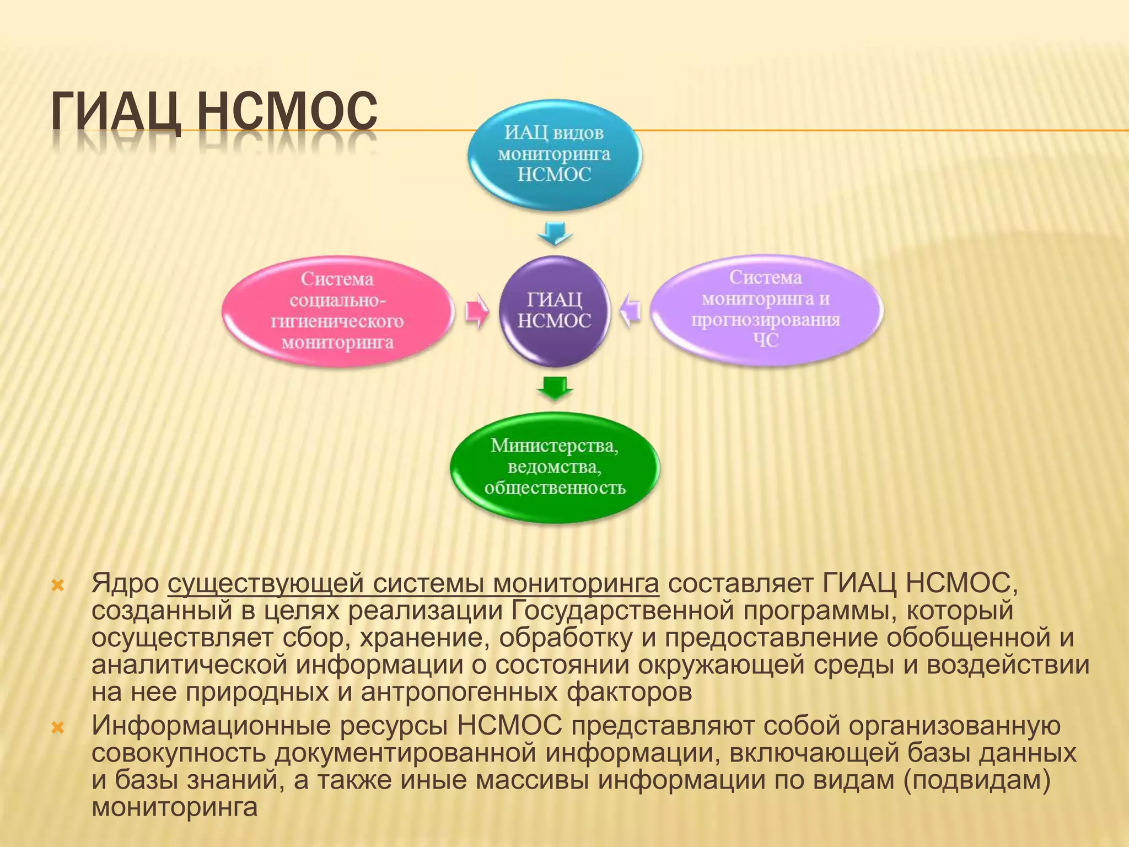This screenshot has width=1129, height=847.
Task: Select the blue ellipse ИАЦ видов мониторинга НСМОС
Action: click(x=555, y=154)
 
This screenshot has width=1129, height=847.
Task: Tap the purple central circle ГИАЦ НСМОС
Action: click(x=554, y=310)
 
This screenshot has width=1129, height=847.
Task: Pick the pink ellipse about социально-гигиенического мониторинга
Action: click(x=337, y=311)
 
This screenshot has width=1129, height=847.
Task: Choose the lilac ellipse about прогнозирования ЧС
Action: click(x=766, y=309)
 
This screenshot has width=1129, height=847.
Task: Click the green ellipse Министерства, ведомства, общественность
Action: click(x=555, y=467)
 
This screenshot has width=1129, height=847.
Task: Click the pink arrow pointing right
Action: click(x=476, y=311)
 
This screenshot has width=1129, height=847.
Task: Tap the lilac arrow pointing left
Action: click(x=631, y=310)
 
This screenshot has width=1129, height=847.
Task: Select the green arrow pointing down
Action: click(x=555, y=388)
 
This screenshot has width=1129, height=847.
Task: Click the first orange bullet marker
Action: click(x=58, y=586)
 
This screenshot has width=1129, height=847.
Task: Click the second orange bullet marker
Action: click(x=58, y=728)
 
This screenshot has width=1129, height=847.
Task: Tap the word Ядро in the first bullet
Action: click(x=125, y=584)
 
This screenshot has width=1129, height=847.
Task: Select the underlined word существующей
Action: click(x=265, y=584)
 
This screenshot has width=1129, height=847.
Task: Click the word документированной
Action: click(x=405, y=753)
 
